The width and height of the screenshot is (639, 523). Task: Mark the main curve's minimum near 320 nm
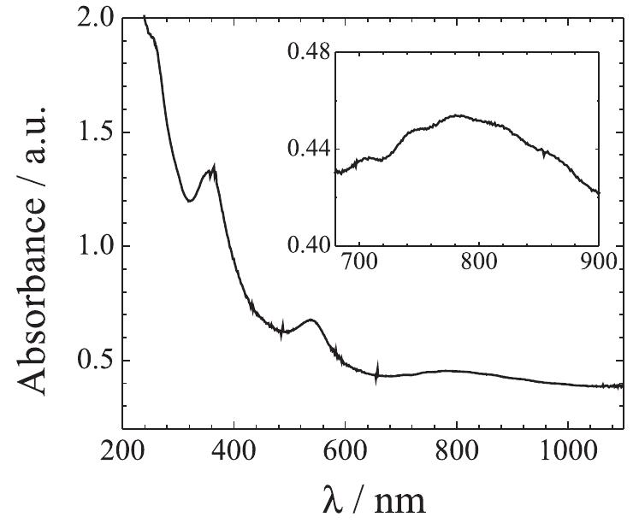pos(190,201)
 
